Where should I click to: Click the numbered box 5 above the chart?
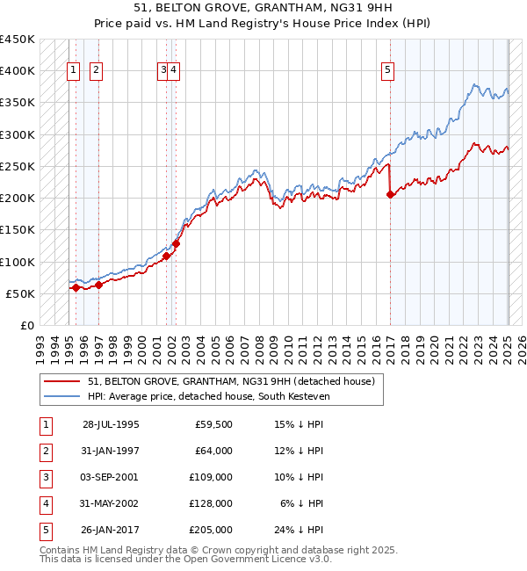[x=387, y=71]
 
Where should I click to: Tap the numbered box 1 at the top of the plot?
[x=75, y=71]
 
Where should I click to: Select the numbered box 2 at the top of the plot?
[x=96, y=71]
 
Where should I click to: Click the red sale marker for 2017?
[x=390, y=195]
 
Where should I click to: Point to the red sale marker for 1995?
[x=76, y=287]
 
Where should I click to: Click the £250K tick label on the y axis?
[x=18, y=166]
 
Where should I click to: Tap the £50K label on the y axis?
[x=21, y=293]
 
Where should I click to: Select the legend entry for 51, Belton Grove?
[x=231, y=381]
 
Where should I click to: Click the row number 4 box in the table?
[x=44, y=503]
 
